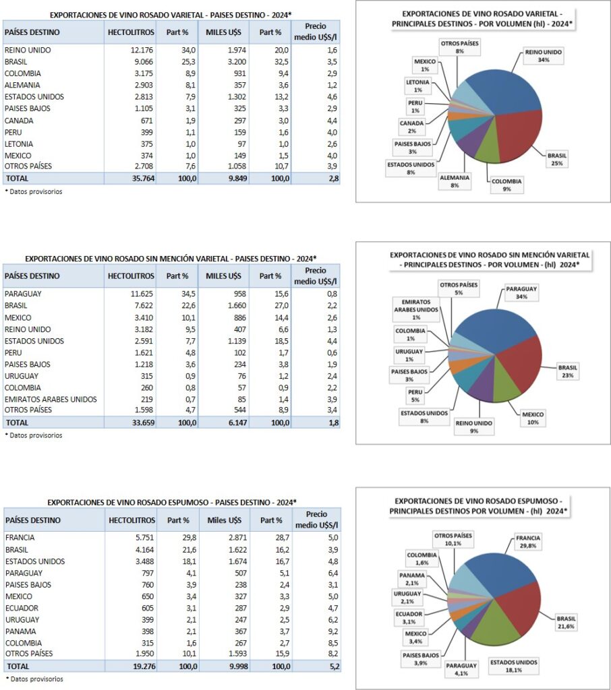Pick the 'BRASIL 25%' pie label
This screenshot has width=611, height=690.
point(558,158)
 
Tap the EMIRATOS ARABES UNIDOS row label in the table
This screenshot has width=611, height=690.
point(51,400)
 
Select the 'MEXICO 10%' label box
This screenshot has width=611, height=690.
point(533,418)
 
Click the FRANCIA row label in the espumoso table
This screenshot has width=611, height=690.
point(20,538)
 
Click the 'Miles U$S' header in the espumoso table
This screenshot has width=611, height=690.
point(225,520)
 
